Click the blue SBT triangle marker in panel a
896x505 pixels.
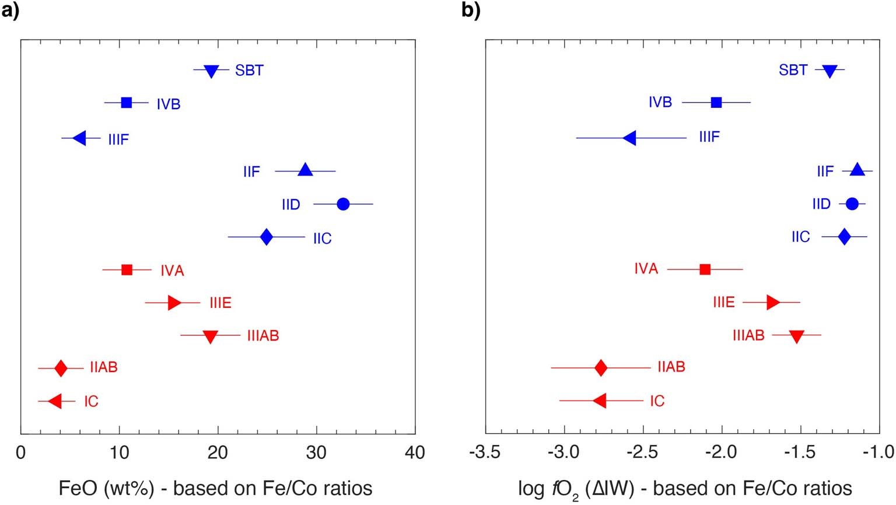[211, 71]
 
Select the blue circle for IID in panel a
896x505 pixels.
[343, 204]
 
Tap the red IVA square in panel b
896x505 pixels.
[705, 269]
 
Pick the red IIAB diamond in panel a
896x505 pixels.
[61, 369]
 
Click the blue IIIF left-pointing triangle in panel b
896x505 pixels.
[629, 138]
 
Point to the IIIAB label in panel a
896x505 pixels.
[262, 336]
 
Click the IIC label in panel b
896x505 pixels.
[800, 237]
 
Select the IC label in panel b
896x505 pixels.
[657, 401]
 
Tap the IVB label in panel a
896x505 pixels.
[168, 104]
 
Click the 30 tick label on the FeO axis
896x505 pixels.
[316, 453]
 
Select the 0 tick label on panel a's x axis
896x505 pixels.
[21, 453]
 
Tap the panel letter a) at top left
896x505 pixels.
[10, 10]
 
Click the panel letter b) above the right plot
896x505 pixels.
[471, 10]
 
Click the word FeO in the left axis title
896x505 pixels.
[77, 488]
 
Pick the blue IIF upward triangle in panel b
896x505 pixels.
[857, 170]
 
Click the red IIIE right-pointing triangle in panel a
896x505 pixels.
[174, 303]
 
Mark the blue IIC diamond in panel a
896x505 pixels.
[266, 237]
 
